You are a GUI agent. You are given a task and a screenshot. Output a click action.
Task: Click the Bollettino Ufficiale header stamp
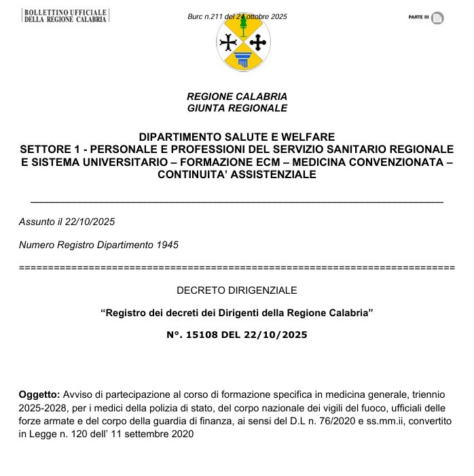[x=65, y=16]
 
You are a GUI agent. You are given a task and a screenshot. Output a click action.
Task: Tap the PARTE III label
[x=418, y=17]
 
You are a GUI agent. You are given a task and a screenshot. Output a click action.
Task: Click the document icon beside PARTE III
[x=437, y=18]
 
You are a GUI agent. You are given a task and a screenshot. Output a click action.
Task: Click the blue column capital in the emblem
[x=243, y=59]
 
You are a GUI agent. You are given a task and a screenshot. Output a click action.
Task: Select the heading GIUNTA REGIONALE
[x=237, y=108]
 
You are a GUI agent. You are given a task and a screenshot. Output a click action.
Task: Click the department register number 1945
[x=168, y=245]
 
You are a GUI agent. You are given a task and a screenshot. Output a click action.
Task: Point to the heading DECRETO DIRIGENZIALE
[x=237, y=290]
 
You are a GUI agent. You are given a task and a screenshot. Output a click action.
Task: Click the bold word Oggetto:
[x=40, y=394]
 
